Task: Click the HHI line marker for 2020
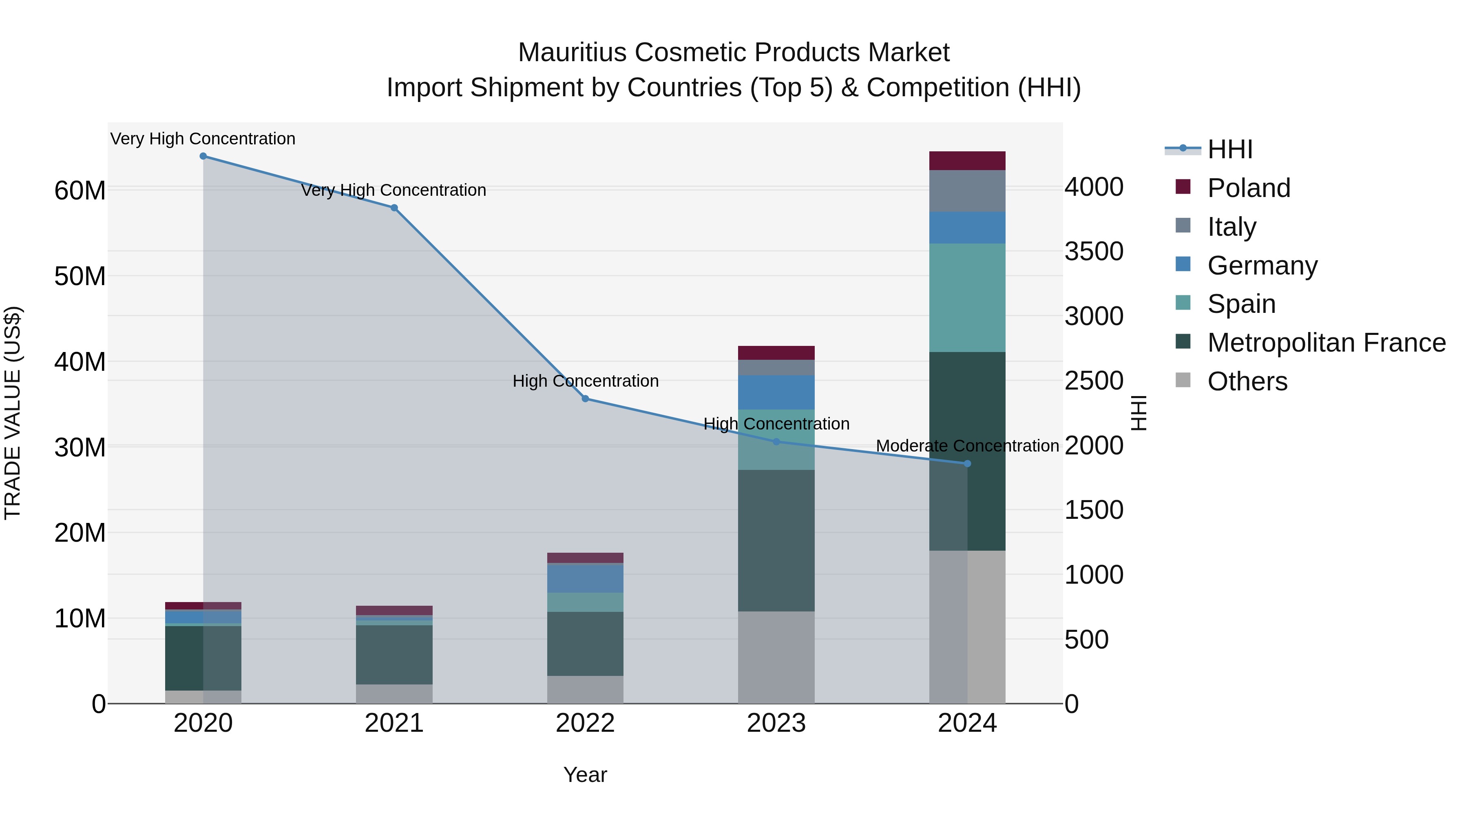tap(203, 156)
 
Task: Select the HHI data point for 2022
tap(585, 399)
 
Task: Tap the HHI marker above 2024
tap(967, 464)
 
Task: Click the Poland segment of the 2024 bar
tap(967, 161)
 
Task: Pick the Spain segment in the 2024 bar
tap(967, 298)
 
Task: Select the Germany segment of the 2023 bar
tap(776, 392)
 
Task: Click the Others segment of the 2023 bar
tap(776, 657)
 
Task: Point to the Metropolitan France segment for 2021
tap(394, 654)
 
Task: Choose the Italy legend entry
tap(1231, 227)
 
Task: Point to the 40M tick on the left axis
tap(80, 362)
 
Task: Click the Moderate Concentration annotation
tap(967, 446)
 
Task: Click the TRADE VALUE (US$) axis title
tap(13, 413)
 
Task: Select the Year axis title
tap(585, 775)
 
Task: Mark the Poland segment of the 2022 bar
tap(585, 558)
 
